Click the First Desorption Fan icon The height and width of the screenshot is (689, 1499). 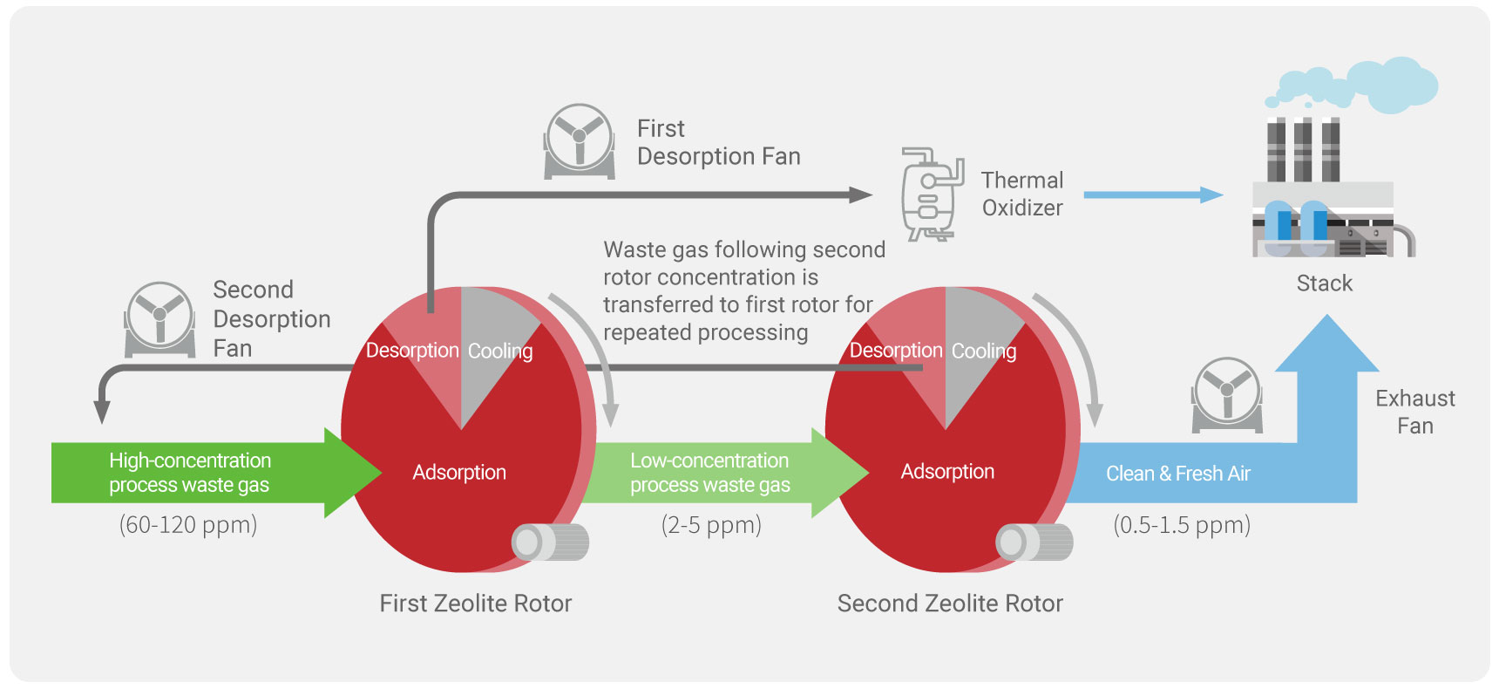point(580,140)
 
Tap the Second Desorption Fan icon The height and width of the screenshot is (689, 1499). point(159,318)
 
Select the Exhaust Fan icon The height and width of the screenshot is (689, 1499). point(1227,394)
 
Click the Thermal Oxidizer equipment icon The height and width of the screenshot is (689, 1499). point(930,194)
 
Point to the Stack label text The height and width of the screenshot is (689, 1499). point(1324,283)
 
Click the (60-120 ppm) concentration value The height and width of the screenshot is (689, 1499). point(188,525)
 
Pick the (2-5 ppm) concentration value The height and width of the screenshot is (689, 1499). point(711,525)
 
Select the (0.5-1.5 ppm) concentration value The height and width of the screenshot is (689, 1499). point(1182,525)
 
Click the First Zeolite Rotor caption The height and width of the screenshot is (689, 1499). point(475,604)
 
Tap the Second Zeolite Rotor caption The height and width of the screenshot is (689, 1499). point(950,604)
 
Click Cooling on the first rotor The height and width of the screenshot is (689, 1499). point(500,351)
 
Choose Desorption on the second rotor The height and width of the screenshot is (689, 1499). point(896,351)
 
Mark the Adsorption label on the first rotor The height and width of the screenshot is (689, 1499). point(459,473)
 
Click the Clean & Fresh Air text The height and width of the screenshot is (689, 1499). point(1177,474)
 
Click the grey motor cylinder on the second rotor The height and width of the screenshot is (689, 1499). point(1034,542)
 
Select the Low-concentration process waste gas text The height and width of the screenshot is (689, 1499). point(710,473)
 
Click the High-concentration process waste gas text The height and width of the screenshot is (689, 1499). point(189,473)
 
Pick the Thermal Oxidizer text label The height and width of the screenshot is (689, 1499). point(1022,194)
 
